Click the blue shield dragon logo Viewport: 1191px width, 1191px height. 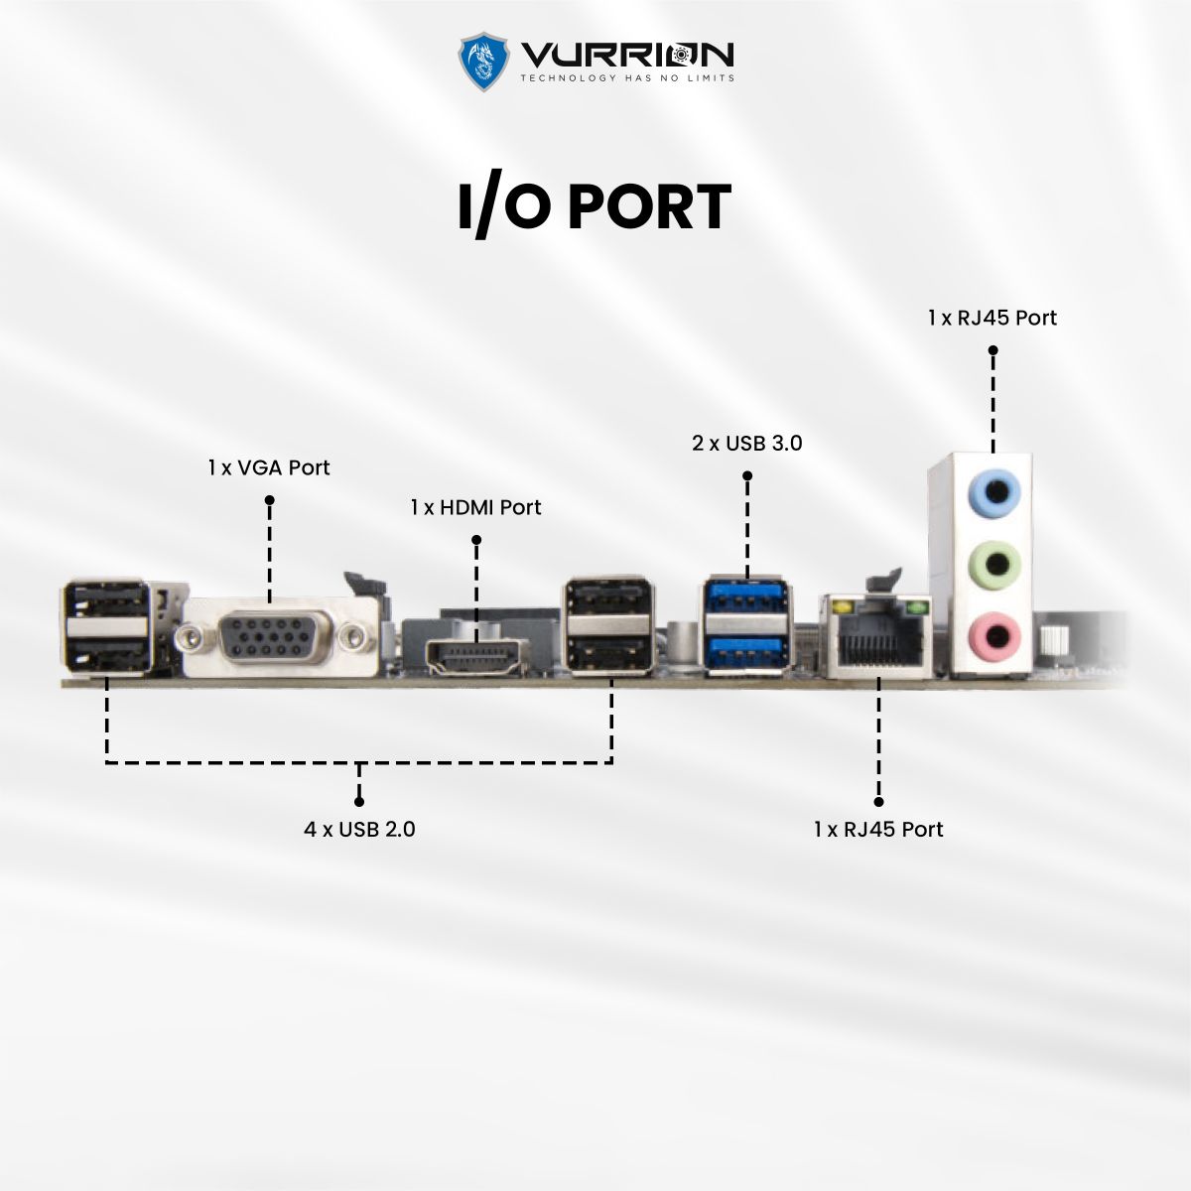click(482, 62)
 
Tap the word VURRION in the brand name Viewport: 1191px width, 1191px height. click(627, 54)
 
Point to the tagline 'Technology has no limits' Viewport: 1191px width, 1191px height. click(627, 77)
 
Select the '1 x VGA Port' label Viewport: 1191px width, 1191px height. click(269, 467)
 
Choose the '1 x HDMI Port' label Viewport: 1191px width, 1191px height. click(476, 507)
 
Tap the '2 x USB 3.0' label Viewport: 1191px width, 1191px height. click(747, 443)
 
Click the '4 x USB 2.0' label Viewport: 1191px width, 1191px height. click(359, 829)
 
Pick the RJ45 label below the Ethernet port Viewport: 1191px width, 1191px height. click(878, 829)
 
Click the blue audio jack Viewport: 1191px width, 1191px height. click(993, 491)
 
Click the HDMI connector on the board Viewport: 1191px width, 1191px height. click(476, 657)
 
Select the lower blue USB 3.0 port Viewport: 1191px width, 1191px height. click(746, 651)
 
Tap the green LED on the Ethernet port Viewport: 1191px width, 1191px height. click(917, 605)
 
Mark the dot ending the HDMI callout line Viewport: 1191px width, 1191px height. click(476, 540)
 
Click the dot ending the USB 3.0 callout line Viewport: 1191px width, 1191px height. click(747, 476)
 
